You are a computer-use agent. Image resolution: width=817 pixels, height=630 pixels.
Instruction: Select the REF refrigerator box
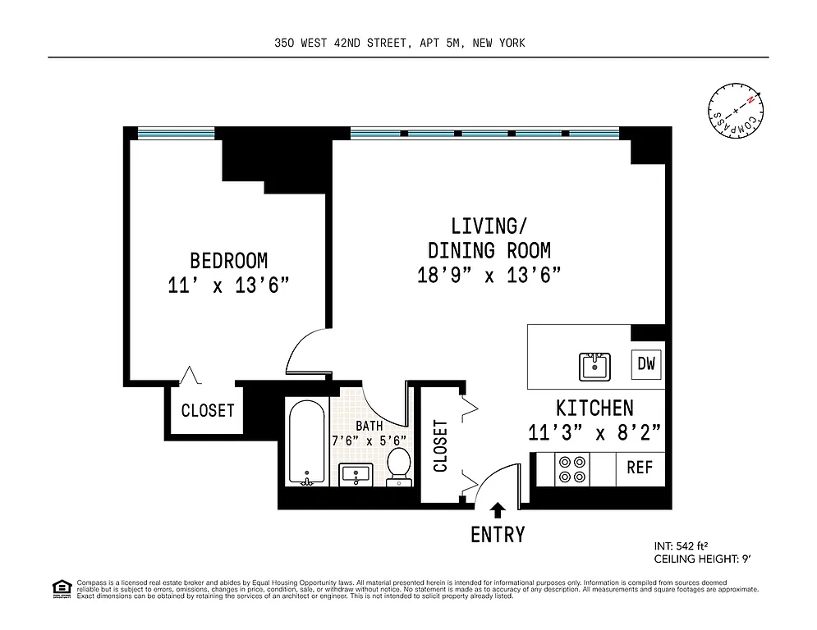pos(640,468)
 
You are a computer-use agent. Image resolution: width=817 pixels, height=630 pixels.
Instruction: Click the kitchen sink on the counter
pos(594,366)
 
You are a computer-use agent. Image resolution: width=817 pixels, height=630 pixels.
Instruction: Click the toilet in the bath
pos(398,466)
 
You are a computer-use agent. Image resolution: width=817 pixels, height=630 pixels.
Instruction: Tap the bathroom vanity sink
pos(356,473)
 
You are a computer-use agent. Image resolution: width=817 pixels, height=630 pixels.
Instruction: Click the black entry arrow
pos(497,511)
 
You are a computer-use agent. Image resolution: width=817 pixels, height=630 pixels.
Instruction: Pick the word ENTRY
pos(498,535)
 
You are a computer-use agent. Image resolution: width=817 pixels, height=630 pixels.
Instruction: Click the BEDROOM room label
pos(228,261)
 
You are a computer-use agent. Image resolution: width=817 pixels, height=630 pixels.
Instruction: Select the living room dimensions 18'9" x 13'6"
pos(489,275)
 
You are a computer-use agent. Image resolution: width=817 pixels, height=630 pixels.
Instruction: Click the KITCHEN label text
pos(594,408)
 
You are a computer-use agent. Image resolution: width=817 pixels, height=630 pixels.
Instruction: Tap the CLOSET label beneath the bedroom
pos(208,411)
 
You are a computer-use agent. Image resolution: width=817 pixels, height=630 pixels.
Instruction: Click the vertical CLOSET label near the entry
pos(440,445)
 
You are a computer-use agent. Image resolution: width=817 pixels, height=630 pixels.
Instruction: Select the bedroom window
pos(176,132)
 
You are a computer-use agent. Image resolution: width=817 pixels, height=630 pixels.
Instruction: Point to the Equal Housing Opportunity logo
pos(61,587)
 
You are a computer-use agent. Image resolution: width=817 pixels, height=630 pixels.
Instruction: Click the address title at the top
pos(400,43)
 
